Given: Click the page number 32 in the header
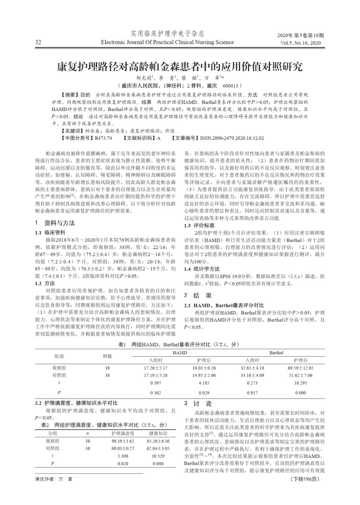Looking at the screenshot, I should (38, 42).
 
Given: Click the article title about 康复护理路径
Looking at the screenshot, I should (179, 65).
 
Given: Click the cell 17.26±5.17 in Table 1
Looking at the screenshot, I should (156, 368).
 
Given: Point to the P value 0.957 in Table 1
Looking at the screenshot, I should (252, 393).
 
